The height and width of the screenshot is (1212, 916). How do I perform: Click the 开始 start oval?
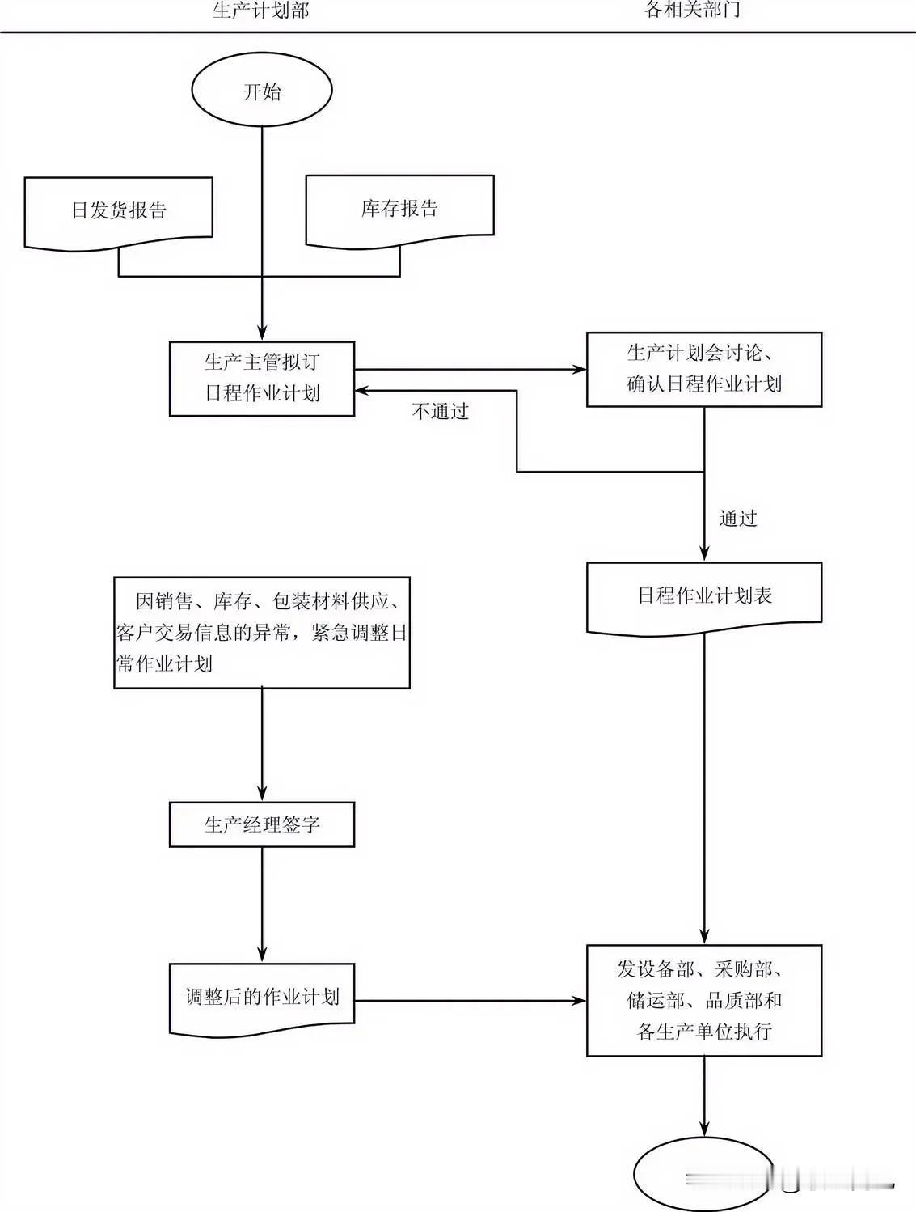262,91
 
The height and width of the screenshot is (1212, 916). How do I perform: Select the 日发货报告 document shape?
119,210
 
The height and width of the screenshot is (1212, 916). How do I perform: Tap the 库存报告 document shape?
399,209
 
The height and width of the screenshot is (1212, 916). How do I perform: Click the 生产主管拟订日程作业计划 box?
262,378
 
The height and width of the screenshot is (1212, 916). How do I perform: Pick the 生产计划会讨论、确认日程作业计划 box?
703,369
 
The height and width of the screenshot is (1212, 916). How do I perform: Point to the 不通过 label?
441,412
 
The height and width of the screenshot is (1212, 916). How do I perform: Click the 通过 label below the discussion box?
738,519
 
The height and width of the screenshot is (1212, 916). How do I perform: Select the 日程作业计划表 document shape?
703,596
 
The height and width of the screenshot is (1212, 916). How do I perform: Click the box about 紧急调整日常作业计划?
262,633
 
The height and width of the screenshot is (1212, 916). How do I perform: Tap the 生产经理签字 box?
262,824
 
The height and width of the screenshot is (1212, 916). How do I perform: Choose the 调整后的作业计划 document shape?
262,998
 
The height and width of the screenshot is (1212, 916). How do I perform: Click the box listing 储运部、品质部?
703,1000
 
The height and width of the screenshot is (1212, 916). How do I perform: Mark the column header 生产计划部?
261,11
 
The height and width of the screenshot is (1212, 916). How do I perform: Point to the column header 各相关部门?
692,10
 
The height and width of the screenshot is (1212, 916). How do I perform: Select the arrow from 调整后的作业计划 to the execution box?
469,1001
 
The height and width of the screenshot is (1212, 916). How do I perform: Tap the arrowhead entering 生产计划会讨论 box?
579,370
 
